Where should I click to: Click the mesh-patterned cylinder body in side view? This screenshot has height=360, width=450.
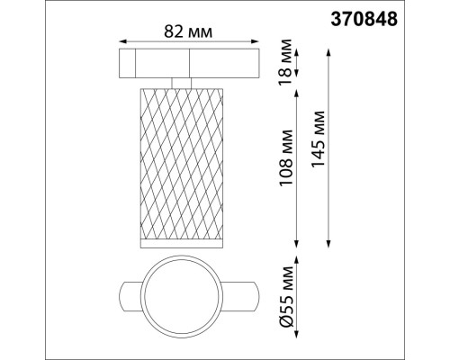(x=189, y=162)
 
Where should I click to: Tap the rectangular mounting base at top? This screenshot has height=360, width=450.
(x=190, y=64)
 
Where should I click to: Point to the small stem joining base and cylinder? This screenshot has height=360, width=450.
(x=190, y=85)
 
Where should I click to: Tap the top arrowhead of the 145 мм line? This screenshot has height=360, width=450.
(x=328, y=50)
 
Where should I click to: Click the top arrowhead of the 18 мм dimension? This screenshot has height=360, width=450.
(x=296, y=50)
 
